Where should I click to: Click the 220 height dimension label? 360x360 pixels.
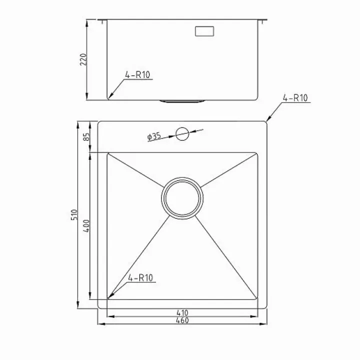point(83,59)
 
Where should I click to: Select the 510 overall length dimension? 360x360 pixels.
point(74,214)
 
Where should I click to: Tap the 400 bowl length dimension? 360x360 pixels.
point(86,226)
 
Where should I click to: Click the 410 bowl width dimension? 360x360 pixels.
point(182,312)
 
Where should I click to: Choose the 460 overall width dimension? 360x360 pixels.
point(182,320)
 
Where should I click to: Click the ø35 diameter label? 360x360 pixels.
point(154,136)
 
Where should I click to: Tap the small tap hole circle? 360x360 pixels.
point(182,134)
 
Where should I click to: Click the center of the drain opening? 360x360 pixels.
point(182,198)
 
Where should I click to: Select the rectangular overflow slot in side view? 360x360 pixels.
point(204,31)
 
